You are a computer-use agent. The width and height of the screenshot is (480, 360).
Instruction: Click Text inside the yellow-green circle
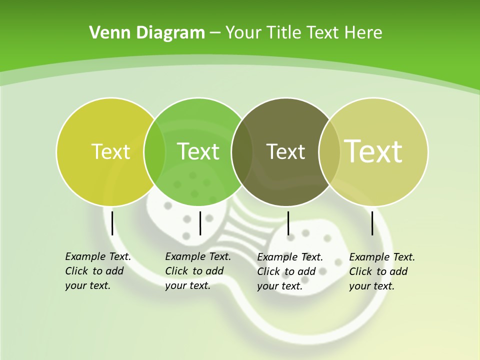coord(110,151)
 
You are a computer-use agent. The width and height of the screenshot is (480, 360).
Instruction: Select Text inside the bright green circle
coord(198,151)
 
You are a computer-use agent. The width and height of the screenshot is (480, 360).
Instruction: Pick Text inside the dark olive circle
coord(285,151)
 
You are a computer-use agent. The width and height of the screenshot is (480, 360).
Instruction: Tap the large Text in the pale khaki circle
coord(373,151)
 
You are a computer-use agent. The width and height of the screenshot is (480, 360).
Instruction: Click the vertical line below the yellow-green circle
coord(112,223)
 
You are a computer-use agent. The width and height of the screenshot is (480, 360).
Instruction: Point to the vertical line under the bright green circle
coord(200,223)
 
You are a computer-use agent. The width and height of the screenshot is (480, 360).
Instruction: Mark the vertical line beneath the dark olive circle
coord(288,223)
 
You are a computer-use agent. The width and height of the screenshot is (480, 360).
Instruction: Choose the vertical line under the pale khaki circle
coord(372,223)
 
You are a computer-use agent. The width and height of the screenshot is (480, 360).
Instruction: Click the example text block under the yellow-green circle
coord(97,271)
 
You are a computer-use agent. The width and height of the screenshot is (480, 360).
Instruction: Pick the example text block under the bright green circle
coord(197,271)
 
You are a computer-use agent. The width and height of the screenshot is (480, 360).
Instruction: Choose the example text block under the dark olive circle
coord(289,271)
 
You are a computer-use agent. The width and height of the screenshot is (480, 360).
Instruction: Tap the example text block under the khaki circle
coord(381,271)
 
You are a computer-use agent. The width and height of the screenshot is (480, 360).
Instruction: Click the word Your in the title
coord(244,32)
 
